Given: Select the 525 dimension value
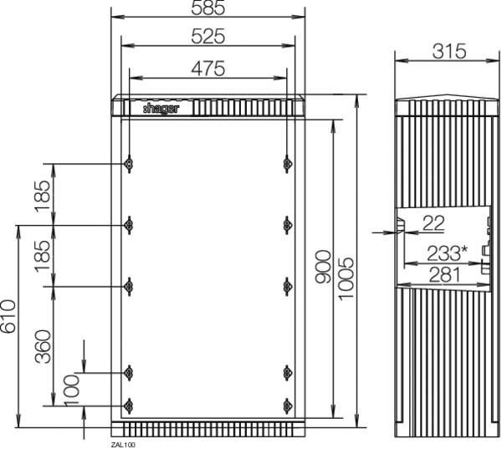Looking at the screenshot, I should [x=207, y=38].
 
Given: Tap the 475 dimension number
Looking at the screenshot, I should [x=207, y=69].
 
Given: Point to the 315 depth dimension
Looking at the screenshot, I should [x=448, y=51].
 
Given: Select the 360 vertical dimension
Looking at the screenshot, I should [x=44, y=346].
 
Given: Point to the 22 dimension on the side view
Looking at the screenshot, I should [x=433, y=222].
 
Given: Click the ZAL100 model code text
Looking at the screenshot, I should [x=122, y=445].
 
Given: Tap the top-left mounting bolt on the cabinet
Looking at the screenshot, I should [x=128, y=164].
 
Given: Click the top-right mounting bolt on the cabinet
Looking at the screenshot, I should [x=287, y=164].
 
